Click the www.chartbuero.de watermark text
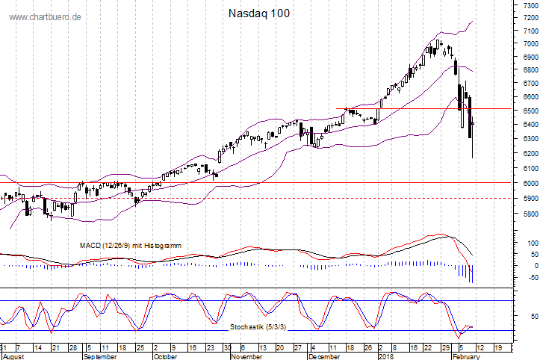46,16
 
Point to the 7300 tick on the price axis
529,5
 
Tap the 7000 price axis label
529,44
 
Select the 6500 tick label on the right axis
529,111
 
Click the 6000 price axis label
529,183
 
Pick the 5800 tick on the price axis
529,214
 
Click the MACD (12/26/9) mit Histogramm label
131,245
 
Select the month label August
13,357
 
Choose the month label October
166,357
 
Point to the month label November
246,357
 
